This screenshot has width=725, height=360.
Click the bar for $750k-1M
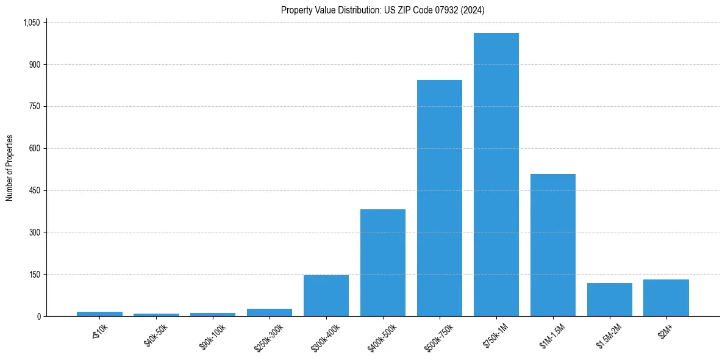[x=496, y=175]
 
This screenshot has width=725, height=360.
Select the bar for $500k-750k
[x=439, y=198]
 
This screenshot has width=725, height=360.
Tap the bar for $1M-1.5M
[x=552, y=245]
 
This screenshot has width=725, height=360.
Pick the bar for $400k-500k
[x=382, y=262]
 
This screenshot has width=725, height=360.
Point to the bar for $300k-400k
[x=326, y=295]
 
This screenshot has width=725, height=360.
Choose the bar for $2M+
[x=666, y=298]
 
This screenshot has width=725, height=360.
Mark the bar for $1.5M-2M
[x=609, y=300]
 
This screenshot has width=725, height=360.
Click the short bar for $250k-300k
[x=270, y=312]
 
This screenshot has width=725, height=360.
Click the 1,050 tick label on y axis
[x=31, y=23]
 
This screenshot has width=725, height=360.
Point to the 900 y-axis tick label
[x=34, y=65]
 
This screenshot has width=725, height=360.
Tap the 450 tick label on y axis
[x=34, y=190]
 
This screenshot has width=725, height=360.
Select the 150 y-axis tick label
[x=34, y=275]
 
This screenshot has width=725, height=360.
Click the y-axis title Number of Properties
[x=9, y=168]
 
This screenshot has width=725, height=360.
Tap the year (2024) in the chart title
[x=473, y=10]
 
